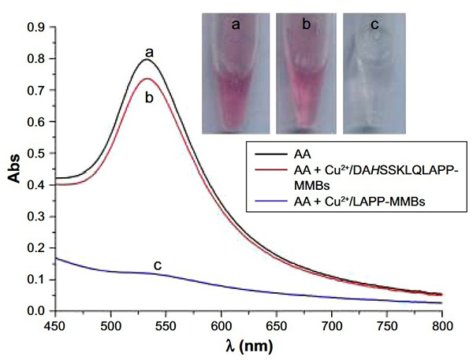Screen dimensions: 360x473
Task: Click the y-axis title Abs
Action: [x=14, y=169]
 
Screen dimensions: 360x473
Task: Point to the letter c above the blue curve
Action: [x=158, y=265]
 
